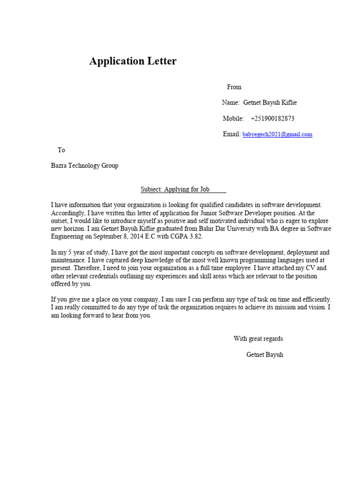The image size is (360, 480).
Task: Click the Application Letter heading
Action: (133, 61)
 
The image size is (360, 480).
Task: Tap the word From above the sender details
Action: (234, 87)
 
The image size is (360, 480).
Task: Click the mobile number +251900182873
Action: (272, 119)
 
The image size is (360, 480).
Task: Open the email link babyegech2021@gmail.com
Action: (277, 135)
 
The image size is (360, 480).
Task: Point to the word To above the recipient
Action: (61, 150)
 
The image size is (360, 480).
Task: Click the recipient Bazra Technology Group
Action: (84, 165)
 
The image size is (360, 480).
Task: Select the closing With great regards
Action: (258, 338)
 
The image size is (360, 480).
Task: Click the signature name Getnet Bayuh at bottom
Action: (264, 354)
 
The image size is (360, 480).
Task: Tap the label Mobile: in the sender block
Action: (233, 119)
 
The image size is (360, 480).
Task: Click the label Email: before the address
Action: (232, 135)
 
